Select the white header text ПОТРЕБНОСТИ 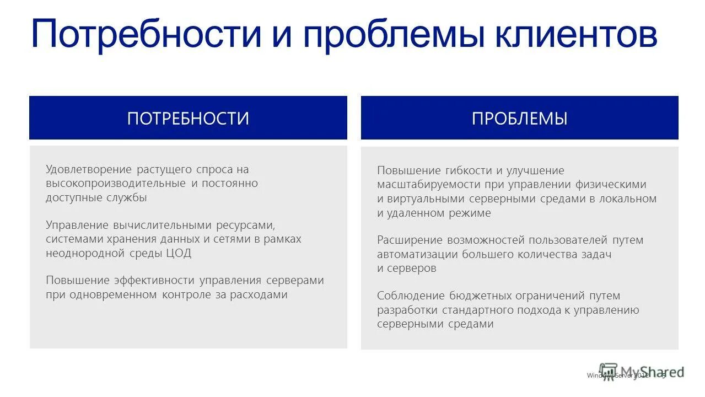(188, 119)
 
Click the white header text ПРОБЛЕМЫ (519, 119)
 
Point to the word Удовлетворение (89, 170)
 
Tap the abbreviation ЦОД (178, 254)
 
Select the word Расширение (410, 240)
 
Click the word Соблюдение (410, 296)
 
